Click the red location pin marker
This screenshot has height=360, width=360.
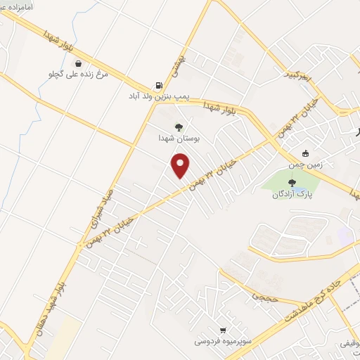(181, 166)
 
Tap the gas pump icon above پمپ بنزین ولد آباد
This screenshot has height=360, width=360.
(155, 86)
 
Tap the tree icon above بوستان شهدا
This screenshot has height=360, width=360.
(179, 128)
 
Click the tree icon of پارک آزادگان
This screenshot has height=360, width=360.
(291, 184)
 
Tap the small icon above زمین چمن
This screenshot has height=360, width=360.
(305, 154)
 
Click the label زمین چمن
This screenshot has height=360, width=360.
(305, 165)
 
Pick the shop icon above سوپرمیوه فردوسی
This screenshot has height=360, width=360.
(223, 330)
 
